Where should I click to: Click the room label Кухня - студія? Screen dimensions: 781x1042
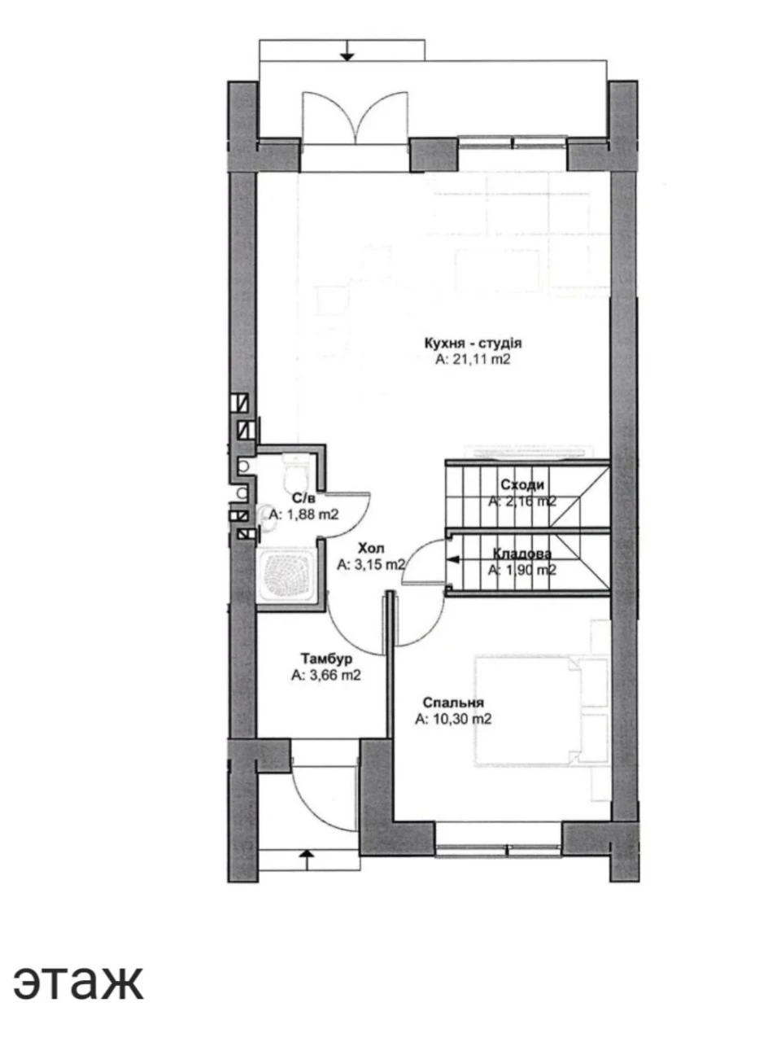click(473, 343)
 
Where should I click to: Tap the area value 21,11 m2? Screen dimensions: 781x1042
click(473, 359)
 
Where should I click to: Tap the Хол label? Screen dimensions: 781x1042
click(371, 549)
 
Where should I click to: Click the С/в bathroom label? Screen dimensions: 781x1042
click(303, 497)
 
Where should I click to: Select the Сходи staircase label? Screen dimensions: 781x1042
click(522, 484)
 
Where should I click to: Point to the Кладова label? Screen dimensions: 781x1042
click(522, 554)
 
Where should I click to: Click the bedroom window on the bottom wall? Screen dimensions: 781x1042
click(499, 847)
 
